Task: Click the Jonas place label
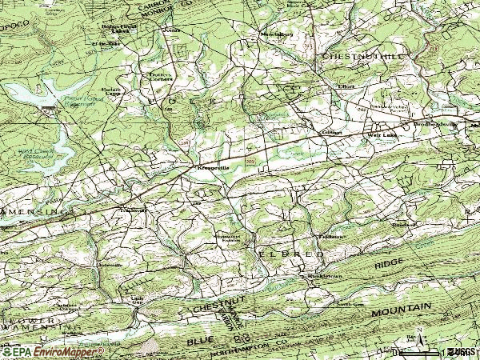click(x=169, y=31)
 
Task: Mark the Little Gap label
click(x=138, y=300)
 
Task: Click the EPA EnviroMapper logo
click(x=52, y=352)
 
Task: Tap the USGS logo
click(x=460, y=352)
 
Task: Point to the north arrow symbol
click(x=419, y=342)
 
